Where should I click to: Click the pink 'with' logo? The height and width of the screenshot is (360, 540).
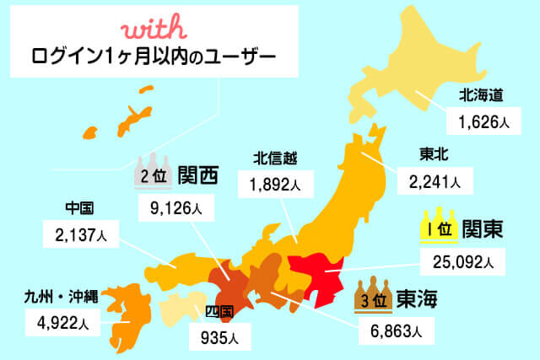click(151, 30)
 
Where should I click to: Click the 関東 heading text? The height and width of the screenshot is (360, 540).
click(484, 228)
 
